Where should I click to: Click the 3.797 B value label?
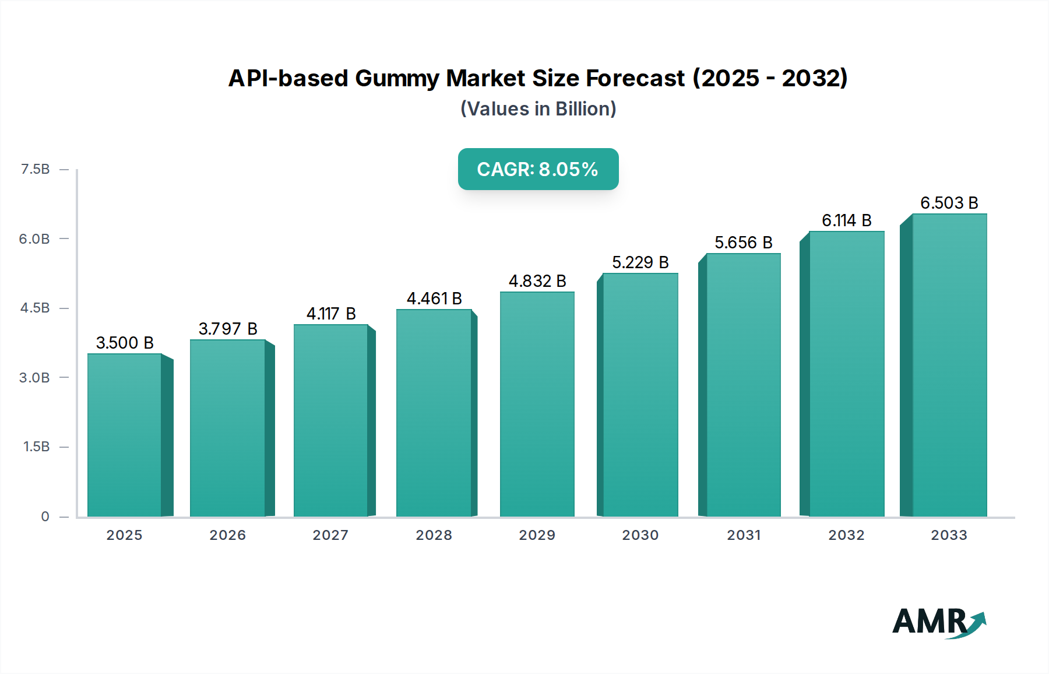tap(228, 329)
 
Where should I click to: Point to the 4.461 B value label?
tap(434, 299)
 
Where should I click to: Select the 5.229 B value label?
tap(640, 262)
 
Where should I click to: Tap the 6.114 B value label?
tap(846, 220)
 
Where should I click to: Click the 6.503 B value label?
tap(949, 203)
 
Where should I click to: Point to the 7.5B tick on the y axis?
tap(36, 169)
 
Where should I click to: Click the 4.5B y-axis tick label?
tap(36, 308)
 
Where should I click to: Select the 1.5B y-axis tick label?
tap(37, 447)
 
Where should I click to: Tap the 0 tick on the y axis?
tap(45, 516)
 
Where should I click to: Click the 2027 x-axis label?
tap(330, 535)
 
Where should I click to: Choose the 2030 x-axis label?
tap(640, 535)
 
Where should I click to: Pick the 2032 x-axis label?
tap(846, 535)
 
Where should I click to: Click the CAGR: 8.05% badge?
tap(538, 169)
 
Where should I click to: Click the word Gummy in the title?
tap(396, 78)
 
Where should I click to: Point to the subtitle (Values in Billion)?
tap(538, 109)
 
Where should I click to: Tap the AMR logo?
tap(938, 623)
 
